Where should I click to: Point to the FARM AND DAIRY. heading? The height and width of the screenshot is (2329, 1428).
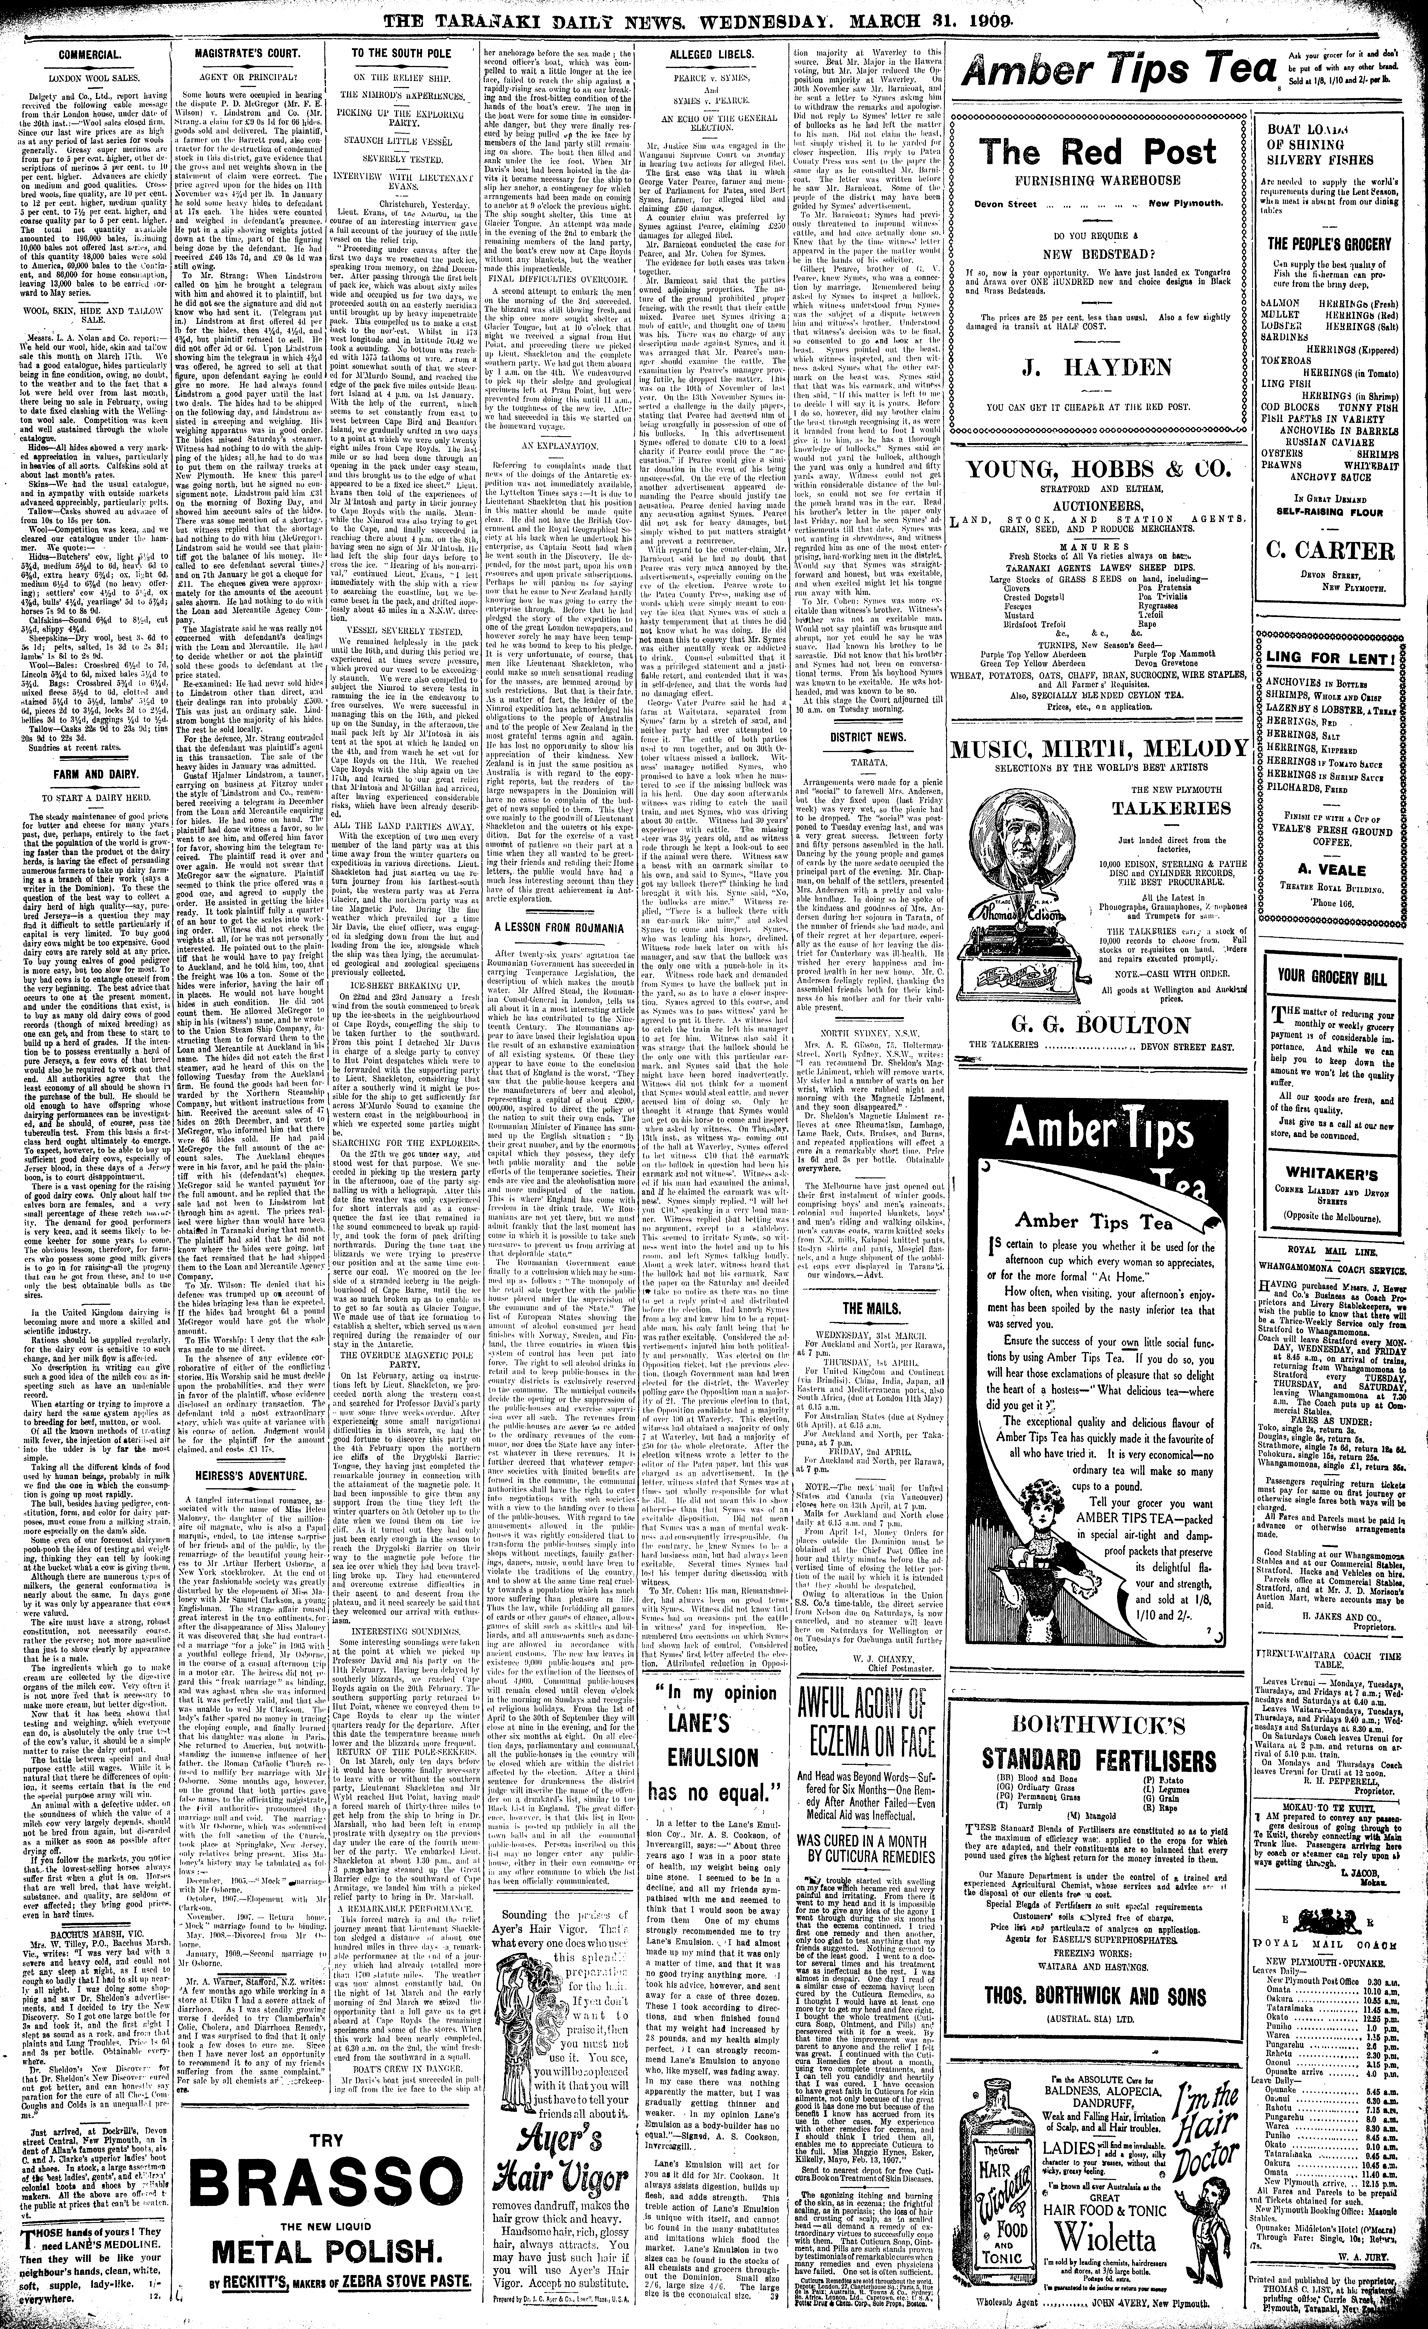89,773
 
